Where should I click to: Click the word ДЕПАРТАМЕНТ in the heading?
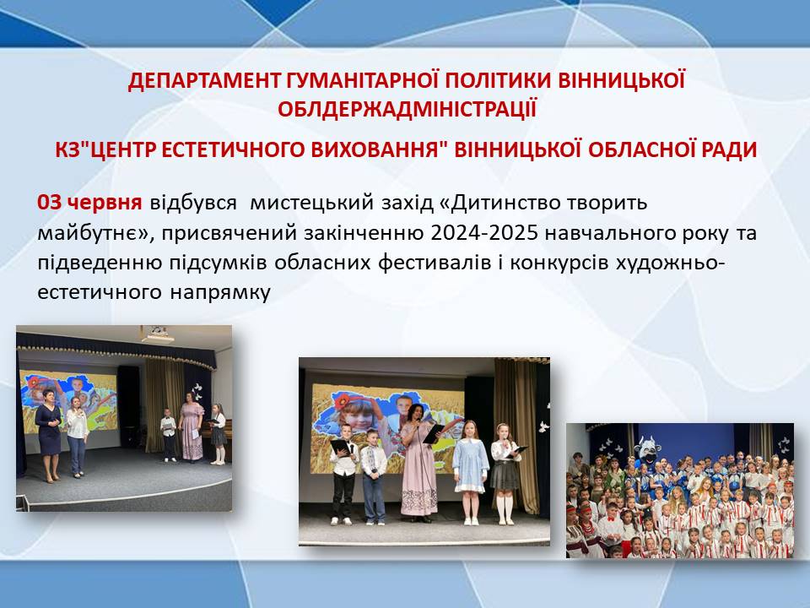click(203, 81)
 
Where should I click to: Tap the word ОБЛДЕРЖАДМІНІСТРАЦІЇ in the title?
click(407, 110)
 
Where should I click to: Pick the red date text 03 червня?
click(89, 202)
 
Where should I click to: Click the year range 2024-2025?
click(483, 232)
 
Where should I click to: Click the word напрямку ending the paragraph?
click(220, 293)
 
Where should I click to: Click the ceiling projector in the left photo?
click(157, 335)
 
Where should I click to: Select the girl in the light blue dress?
click(470, 472)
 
